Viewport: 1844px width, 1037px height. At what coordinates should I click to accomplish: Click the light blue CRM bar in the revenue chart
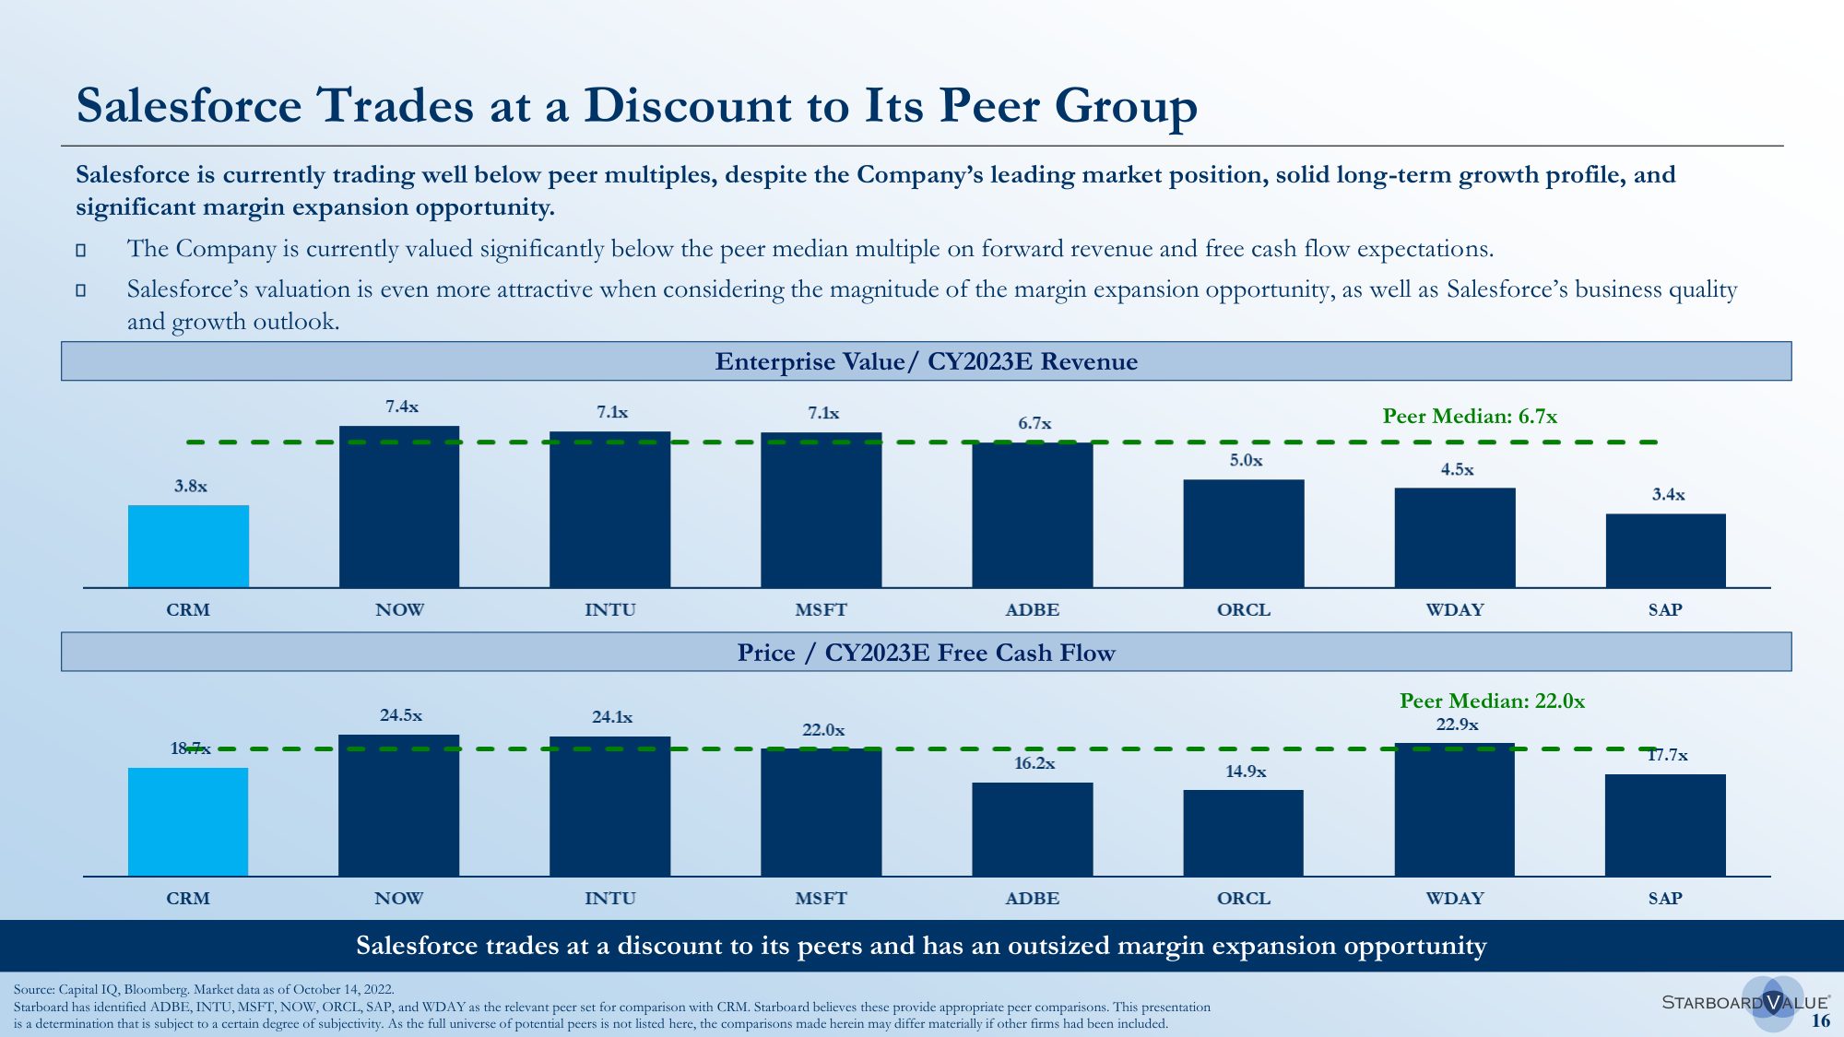188,546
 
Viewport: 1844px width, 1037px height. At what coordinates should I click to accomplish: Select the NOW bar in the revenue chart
398,506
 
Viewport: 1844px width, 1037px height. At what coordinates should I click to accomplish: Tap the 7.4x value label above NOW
402,407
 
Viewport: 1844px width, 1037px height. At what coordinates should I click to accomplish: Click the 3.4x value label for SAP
1668,495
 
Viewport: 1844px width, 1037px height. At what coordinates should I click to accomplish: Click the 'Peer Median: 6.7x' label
1470,417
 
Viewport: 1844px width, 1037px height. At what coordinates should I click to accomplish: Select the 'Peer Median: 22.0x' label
1492,701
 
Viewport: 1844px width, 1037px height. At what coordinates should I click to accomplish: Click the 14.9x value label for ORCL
1246,772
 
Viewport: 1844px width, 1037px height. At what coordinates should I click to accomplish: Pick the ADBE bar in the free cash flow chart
1033,829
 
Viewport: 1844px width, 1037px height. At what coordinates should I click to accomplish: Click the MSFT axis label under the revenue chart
821,610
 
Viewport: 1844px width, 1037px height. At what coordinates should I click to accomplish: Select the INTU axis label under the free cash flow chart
609,899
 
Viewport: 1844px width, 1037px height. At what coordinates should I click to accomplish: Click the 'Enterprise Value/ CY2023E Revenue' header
926,361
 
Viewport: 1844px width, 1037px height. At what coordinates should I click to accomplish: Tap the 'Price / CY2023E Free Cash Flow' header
926,653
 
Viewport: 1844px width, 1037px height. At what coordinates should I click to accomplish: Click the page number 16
1820,1020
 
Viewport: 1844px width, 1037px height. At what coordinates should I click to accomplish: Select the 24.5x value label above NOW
401,715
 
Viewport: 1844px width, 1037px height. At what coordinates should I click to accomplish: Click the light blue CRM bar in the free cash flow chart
188,821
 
